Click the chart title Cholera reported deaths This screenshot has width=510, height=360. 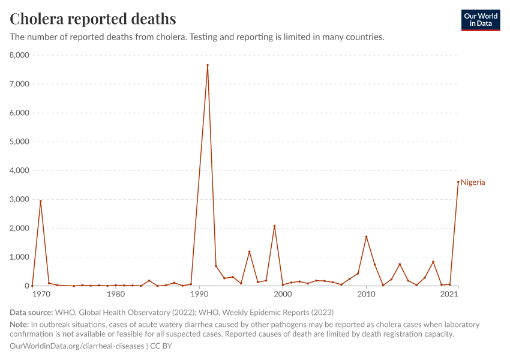pyautogui.click(x=93, y=19)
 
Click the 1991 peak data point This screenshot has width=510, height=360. pyautogui.click(x=208, y=65)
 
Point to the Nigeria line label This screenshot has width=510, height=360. pyautogui.click(x=473, y=182)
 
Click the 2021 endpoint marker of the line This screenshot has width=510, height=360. pyautogui.click(x=458, y=182)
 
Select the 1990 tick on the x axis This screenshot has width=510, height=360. pyautogui.click(x=199, y=295)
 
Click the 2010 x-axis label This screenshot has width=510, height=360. pyautogui.click(x=366, y=295)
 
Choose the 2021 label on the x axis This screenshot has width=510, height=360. pyautogui.click(x=449, y=295)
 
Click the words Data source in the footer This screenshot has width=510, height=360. pyautogui.click(x=31, y=313)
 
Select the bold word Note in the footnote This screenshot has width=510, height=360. pyautogui.click(x=19, y=325)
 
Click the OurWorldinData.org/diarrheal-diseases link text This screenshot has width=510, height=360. pyautogui.click(x=77, y=346)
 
